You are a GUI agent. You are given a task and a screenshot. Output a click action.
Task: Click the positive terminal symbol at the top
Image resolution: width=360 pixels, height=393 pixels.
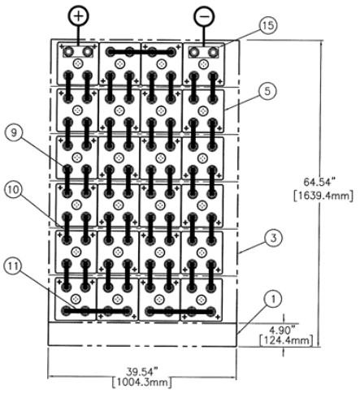79,15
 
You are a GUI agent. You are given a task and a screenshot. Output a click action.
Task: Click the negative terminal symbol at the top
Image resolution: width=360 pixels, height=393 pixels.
204,16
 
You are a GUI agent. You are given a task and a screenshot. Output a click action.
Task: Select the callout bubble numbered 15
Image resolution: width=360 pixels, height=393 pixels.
268,25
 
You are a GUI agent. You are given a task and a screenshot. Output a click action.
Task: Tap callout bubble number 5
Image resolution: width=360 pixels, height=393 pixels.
267,91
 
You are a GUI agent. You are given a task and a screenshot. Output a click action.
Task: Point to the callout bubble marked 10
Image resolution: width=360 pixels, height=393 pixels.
13,190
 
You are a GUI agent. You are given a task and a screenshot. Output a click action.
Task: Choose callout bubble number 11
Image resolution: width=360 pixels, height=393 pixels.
12,266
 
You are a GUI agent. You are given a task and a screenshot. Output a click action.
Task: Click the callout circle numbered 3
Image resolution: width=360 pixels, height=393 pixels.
274,238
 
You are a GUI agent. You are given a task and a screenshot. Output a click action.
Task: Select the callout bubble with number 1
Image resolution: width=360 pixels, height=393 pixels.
273,299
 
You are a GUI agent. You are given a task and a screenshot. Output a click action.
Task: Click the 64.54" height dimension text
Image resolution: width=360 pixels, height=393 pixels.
318,182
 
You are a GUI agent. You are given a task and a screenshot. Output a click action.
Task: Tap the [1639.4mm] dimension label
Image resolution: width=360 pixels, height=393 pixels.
323,196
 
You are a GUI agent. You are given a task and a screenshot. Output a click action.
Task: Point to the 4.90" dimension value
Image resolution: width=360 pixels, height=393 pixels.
284,330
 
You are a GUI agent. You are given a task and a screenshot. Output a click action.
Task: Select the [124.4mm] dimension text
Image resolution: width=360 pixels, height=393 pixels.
286,340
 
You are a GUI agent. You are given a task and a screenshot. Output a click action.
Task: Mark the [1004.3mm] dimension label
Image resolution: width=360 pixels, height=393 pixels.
142,383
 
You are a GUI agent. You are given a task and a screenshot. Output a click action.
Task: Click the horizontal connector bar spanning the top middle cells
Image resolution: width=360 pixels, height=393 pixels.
141,51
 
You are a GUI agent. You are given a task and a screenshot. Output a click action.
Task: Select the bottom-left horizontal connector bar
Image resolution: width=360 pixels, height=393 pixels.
97,311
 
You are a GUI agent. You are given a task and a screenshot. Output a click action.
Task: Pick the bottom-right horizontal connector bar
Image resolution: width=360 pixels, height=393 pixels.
180,311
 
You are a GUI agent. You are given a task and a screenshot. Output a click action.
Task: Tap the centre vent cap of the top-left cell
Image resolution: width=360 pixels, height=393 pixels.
78,64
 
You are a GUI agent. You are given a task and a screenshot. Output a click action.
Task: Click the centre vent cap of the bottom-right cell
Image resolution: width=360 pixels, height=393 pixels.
201,300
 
